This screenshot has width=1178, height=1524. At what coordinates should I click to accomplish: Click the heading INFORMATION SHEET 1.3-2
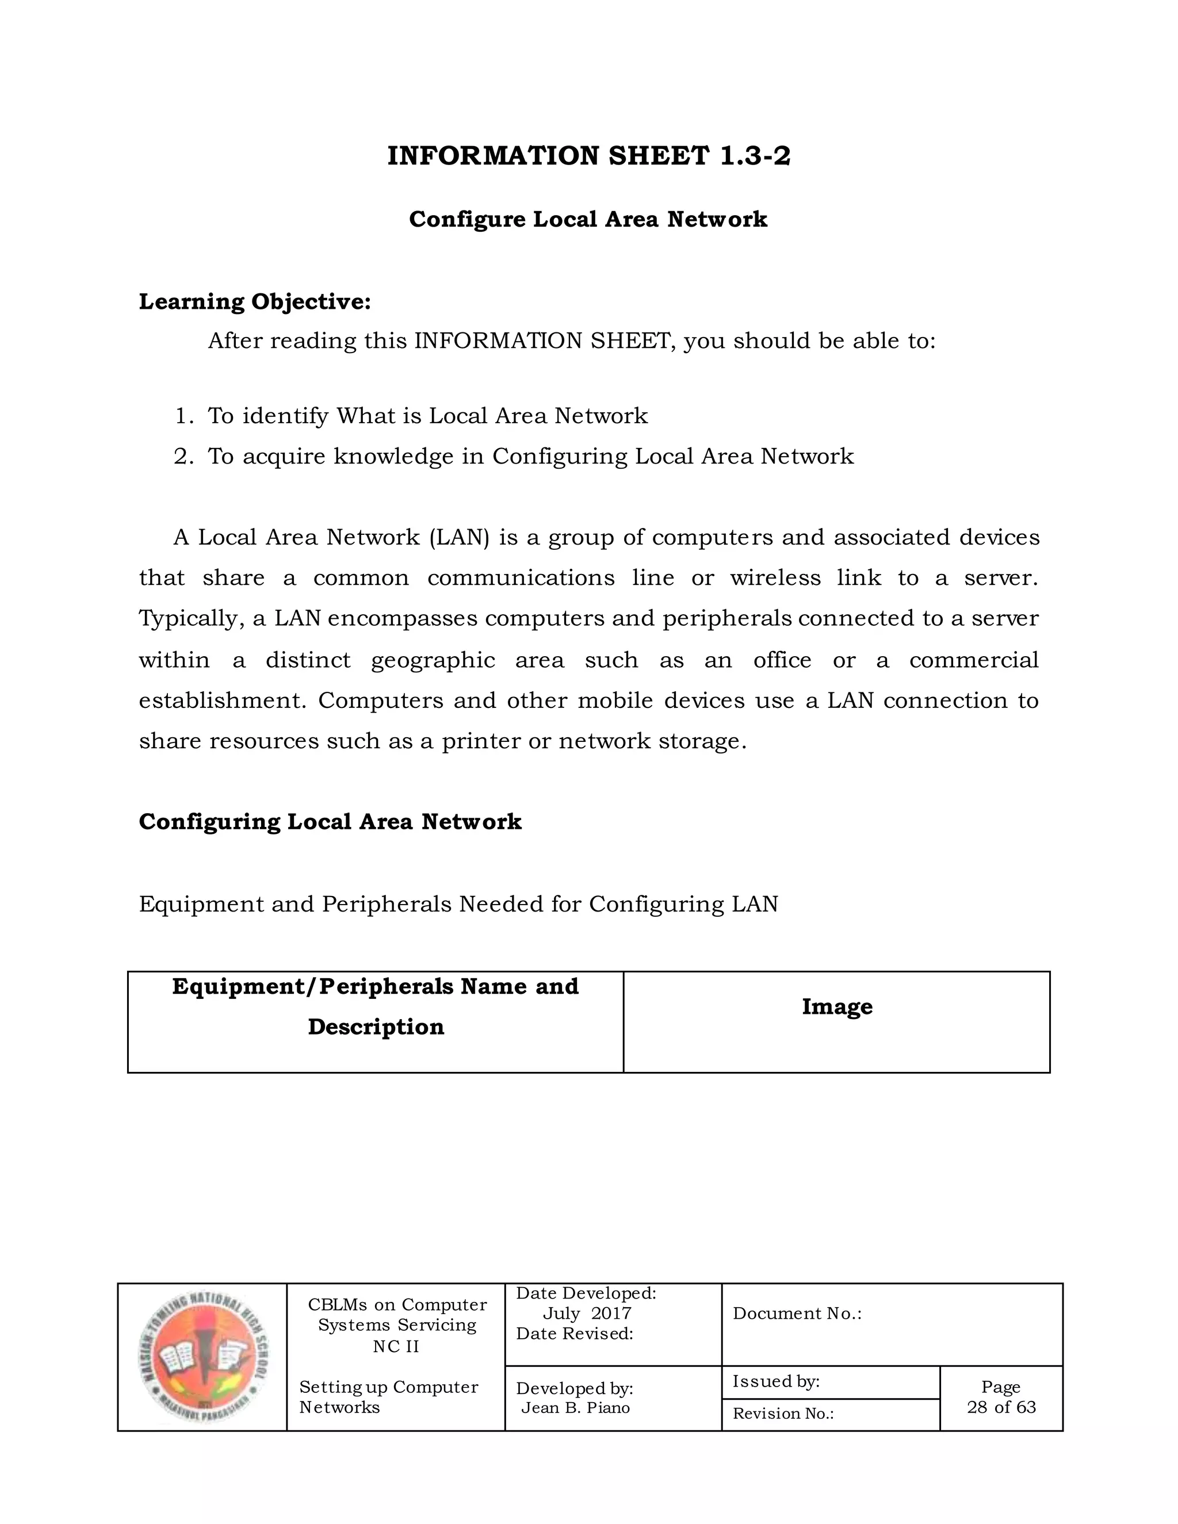click(588, 156)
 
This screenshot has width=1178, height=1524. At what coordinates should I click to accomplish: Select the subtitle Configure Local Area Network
click(588, 219)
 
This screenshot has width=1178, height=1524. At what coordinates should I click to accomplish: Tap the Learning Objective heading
click(255, 301)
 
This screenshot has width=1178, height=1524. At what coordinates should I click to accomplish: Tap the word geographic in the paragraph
click(433, 660)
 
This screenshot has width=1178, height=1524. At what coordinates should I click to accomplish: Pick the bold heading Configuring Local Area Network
click(330, 821)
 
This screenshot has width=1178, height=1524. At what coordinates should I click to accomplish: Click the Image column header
click(837, 1006)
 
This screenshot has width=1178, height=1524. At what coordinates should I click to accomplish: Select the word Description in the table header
click(376, 1027)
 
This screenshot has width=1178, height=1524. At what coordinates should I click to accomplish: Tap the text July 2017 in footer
click(586, 1314)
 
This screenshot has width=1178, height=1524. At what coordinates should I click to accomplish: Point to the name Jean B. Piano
click(575, 1407)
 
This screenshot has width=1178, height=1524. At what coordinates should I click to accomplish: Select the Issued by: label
click(775, 1381)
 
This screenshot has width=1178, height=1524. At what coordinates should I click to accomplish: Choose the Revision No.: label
click(783, 1413)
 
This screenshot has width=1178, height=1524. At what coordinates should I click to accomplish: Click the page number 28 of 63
click(1001, 1407)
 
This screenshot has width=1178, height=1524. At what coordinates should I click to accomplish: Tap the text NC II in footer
click(396, 1346)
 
